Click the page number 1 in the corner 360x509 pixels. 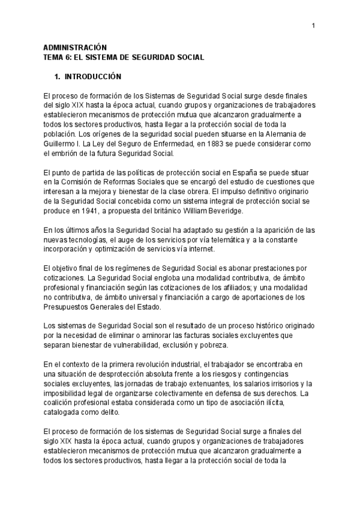pos(314,25)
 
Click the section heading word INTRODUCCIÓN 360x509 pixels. pos(93,77)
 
